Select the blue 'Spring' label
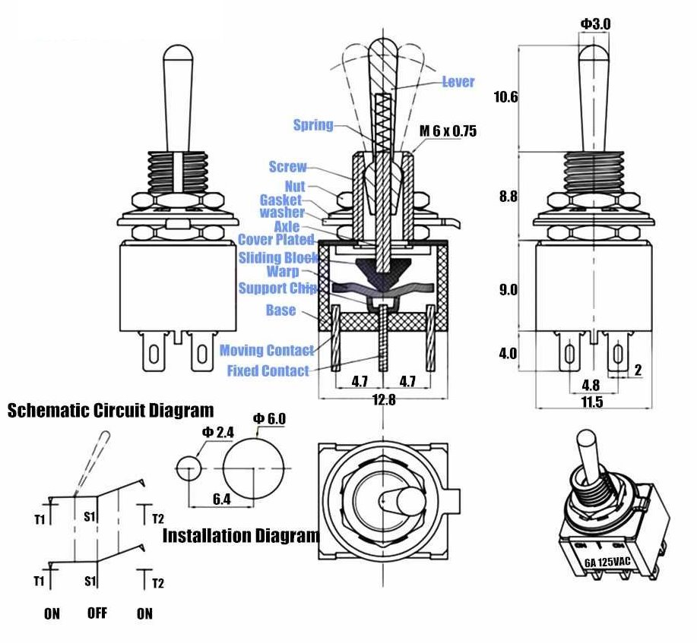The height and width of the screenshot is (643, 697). [x=313, y=125]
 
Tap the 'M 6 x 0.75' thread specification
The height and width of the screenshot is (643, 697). [x=448, y=131]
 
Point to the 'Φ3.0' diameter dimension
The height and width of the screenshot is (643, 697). [x=595, y=24]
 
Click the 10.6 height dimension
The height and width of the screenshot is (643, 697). [x=505, y=97]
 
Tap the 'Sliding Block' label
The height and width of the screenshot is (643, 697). [x=278, y=258]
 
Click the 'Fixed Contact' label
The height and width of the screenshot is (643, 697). [x=268, y=371]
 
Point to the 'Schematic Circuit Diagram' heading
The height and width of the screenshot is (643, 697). [x=110, y=411]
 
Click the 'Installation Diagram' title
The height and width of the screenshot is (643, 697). [x=241, y=536]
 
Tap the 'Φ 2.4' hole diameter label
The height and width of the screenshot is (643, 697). [x=217, y=433]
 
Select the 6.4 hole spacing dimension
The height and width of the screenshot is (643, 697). [x=222, y=499]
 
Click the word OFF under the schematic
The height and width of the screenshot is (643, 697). [x=97, y=613]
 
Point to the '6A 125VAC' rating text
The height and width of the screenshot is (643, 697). [x=607, y=563]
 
